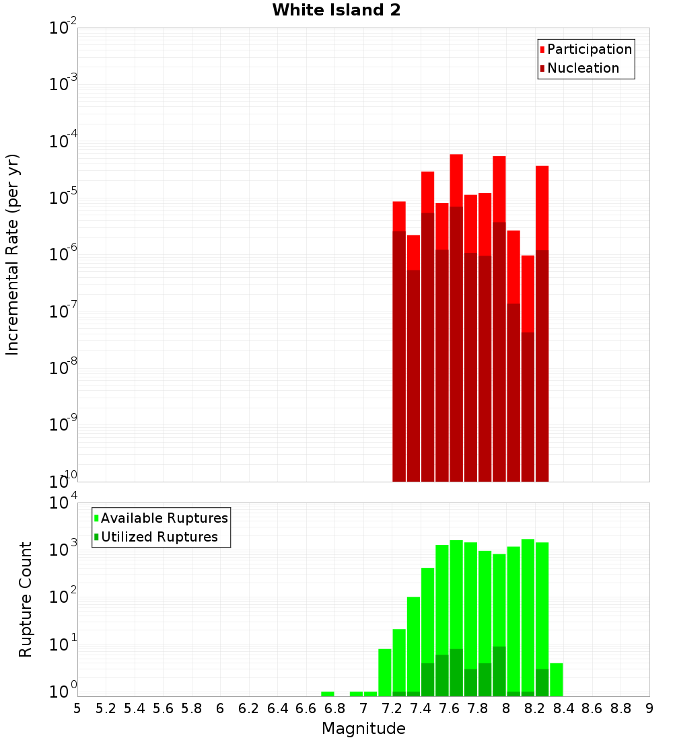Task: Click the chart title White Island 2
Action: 336,11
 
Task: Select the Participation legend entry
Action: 589,50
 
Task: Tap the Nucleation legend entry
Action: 582,69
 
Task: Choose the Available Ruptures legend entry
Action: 164,518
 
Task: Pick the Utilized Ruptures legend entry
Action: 159,537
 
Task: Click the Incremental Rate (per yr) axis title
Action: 13,254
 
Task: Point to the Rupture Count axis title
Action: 26,599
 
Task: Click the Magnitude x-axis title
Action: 363,729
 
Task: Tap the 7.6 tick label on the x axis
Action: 449,708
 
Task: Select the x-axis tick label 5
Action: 77,708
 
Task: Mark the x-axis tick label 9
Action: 649,708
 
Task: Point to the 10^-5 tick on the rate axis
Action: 63,197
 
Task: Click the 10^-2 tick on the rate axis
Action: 63,28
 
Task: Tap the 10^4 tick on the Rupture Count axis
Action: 63,503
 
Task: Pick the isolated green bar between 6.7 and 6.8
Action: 328,694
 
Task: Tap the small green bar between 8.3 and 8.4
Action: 557,679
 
